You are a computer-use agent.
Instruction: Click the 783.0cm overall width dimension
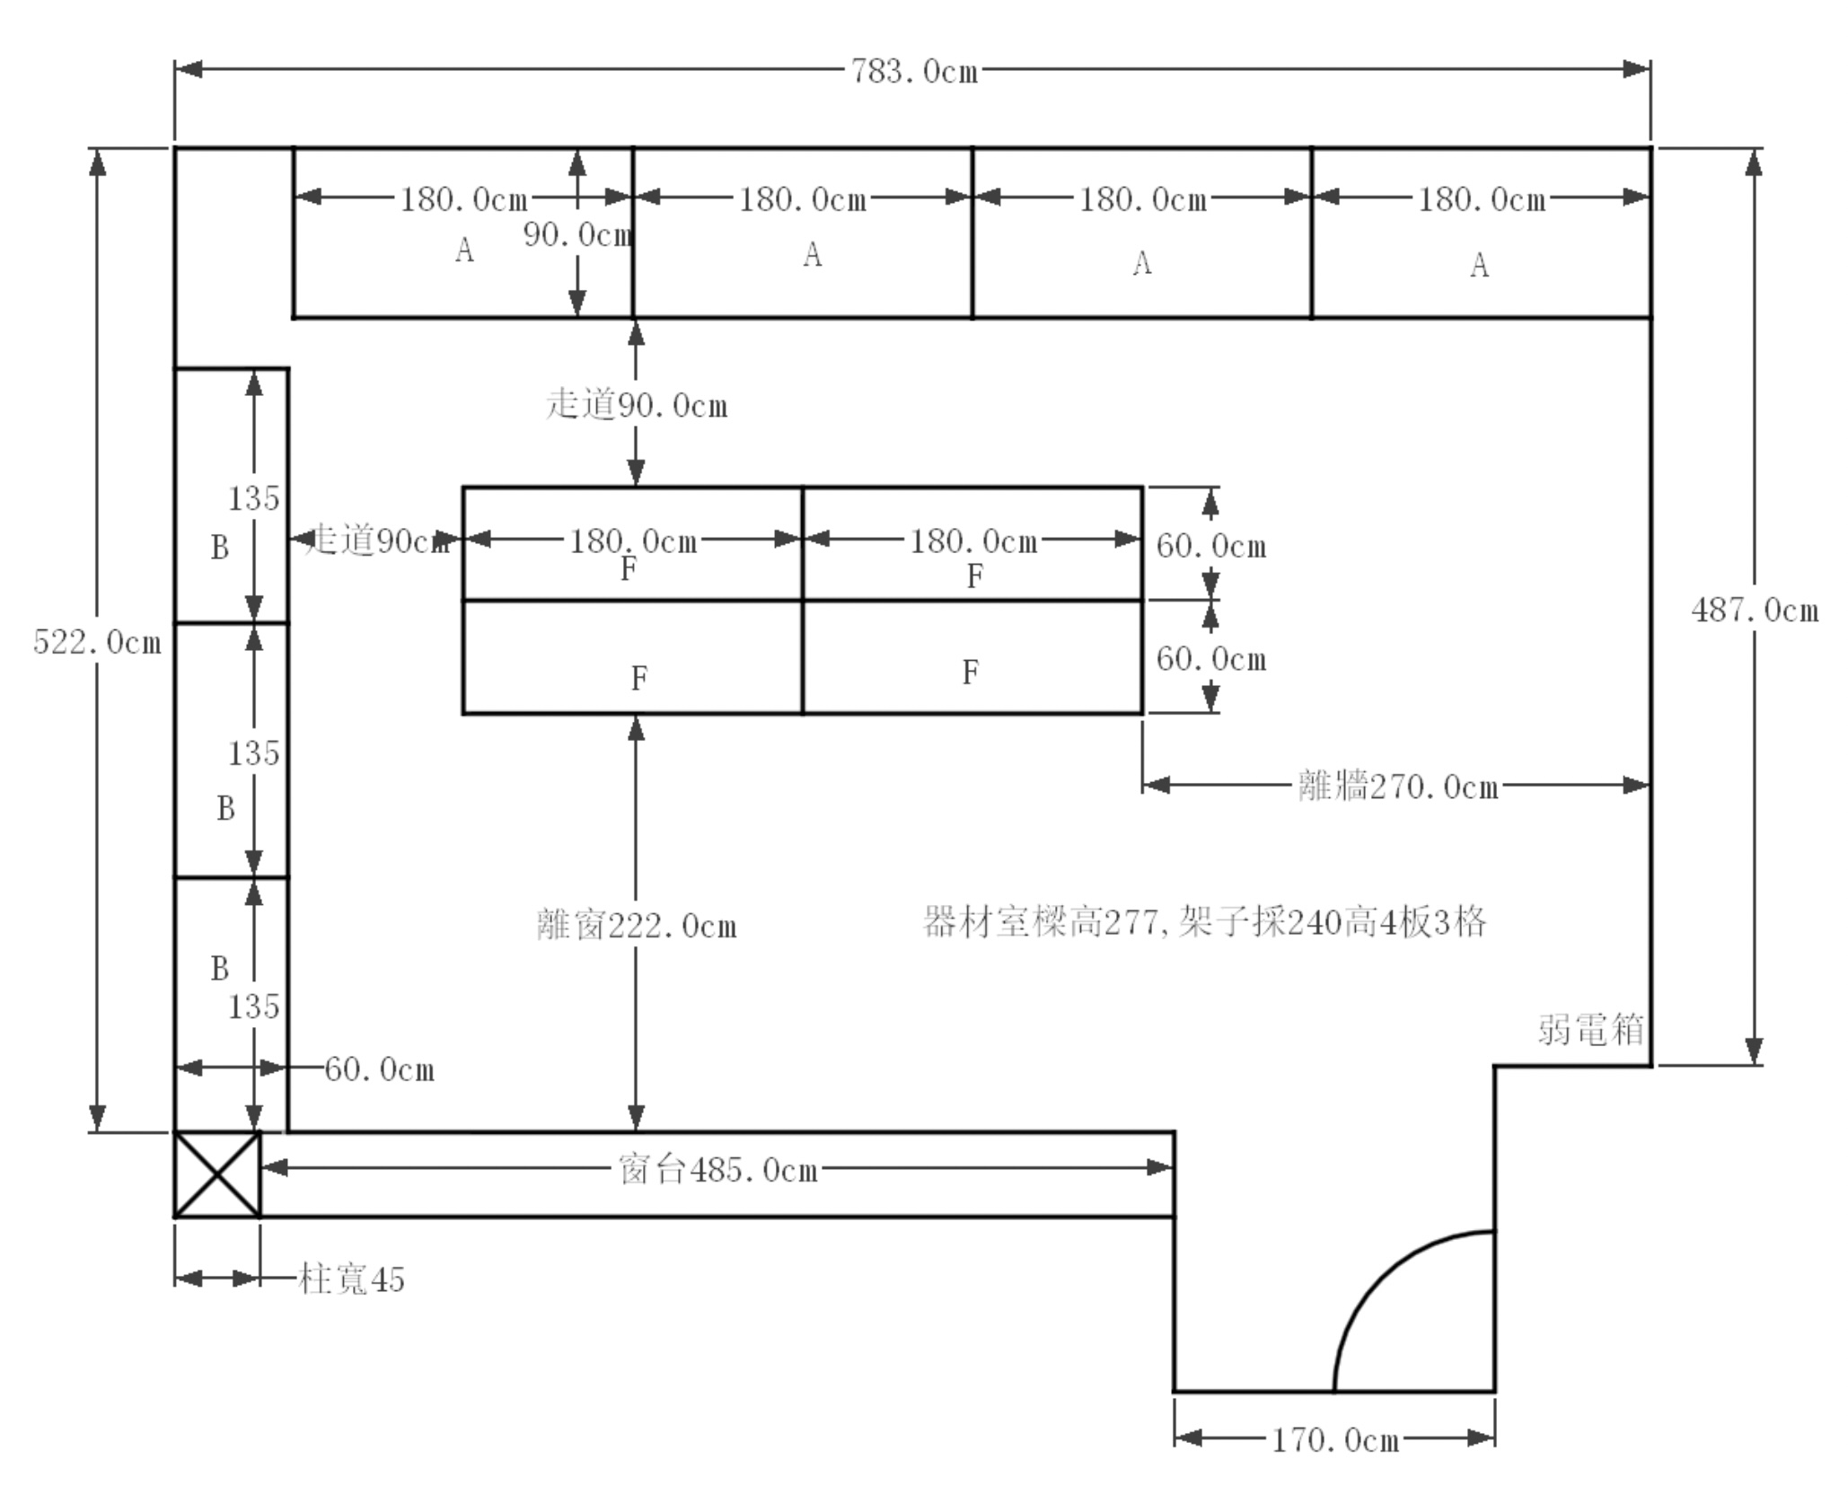[x=914, y=71]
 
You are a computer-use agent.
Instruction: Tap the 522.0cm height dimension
[x=97, y=643]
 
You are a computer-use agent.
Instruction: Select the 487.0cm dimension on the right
[x=1755, y=611]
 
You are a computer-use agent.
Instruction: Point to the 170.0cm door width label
[x=1335, y=1440]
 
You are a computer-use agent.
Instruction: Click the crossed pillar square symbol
[x=217, y=1174]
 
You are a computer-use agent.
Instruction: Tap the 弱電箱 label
[x=1590, y=1029]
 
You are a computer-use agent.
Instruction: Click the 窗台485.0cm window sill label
[x=718, y=1170]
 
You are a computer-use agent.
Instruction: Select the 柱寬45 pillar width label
[x=351, y=1279]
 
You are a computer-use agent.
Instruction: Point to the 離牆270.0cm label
[x=1398, y=787]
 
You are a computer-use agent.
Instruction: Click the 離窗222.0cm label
[x=637, y=926]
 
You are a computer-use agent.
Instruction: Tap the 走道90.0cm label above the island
[x=637, y=406]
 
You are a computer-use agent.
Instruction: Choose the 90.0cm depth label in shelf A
[x=577, y=235]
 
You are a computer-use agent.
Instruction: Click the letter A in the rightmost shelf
[x=1479, y=266]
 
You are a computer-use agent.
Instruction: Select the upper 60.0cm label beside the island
[x=1210, y=546]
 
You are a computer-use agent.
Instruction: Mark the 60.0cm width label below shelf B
[x=379, y=1069]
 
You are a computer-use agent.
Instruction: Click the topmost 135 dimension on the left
[x=253, y=498]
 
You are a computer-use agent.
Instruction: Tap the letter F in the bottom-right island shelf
[x=970, y=672]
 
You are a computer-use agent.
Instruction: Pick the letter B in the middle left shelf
[x=225, y=809]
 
